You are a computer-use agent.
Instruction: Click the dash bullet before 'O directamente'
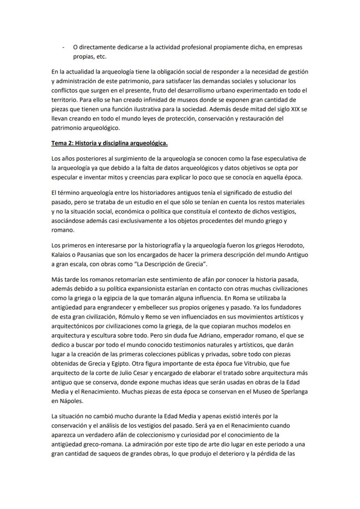pyautogui.click(x=64, y=47)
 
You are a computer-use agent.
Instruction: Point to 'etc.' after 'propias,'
pyautogui.click(x=100, y=57)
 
